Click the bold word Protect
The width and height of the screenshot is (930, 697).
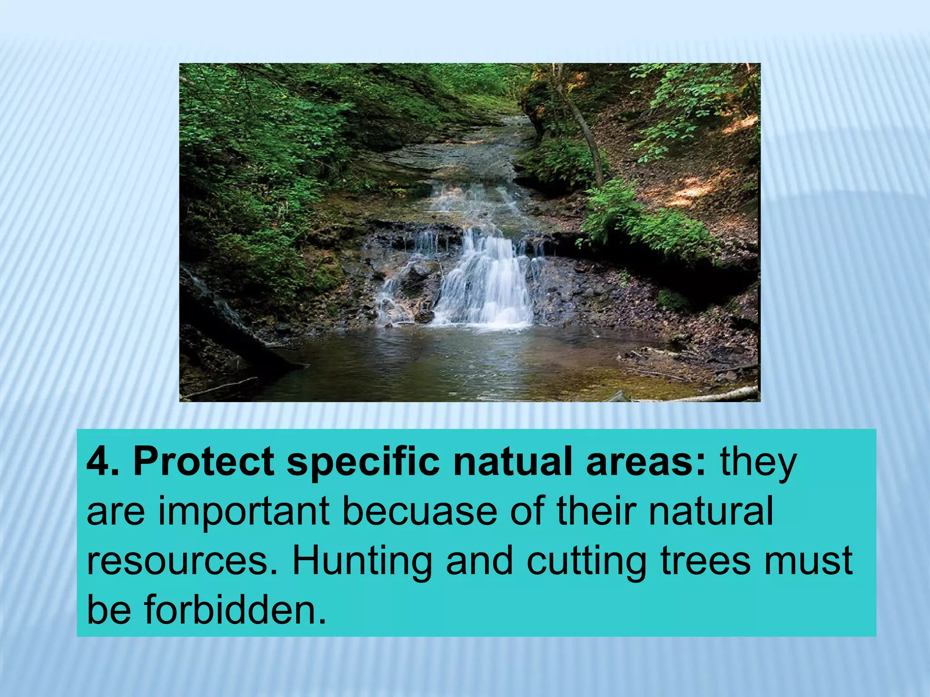203,462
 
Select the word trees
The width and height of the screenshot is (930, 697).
705,561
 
